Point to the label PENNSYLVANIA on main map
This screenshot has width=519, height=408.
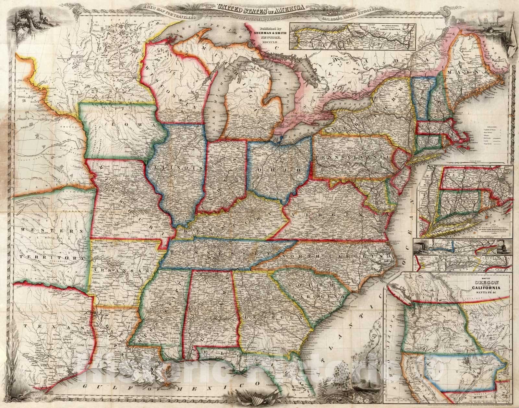coord(352,158)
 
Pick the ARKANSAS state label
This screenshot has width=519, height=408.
coord(119,270)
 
